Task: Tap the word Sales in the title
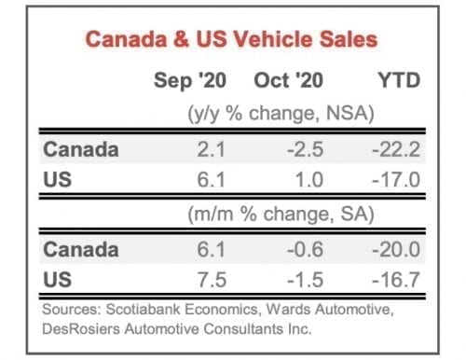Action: pos(348,40)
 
